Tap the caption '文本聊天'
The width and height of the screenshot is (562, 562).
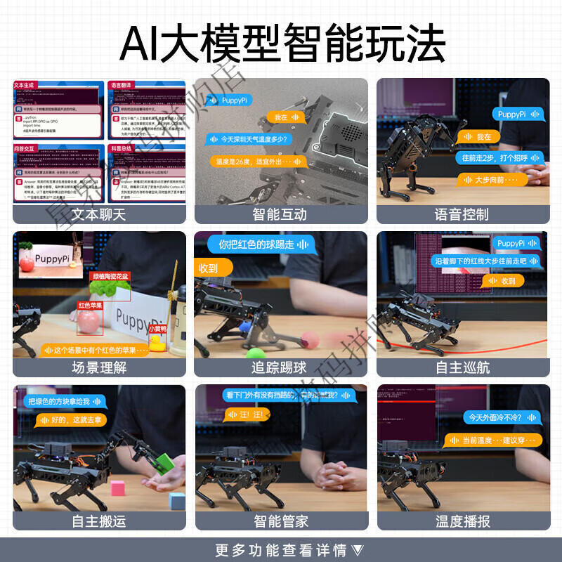click(99, 214)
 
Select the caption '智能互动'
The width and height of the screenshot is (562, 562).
click(280, 214)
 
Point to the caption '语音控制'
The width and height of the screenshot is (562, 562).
click(462, 214)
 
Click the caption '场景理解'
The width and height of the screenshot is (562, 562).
click(99, 367)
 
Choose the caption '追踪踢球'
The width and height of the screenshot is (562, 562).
click(280, 367)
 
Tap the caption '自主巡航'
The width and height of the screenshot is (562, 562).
click(462, 367)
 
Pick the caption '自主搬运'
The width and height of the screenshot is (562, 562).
click(99, 521)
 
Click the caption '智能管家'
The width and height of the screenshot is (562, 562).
click(280, 521)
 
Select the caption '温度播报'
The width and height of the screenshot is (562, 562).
click(462, 521)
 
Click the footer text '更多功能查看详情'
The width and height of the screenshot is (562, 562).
click(281, 549)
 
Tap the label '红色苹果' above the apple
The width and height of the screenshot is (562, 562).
click(91, 306)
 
